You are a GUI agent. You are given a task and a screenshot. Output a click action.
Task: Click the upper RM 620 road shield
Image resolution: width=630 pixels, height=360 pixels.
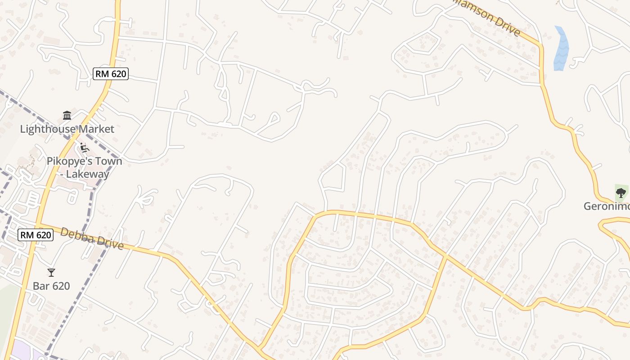[x=111, y=74]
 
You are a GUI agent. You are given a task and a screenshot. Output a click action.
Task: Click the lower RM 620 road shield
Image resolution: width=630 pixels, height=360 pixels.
[x=36, y=234]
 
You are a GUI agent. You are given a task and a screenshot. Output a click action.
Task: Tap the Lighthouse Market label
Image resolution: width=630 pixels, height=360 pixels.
[x=67, y=129]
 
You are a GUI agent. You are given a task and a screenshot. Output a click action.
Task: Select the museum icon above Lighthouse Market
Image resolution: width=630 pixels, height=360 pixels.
[x=67, y=116]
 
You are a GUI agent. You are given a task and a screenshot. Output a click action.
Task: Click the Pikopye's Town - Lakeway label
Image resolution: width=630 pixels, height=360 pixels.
[x=84, y=167]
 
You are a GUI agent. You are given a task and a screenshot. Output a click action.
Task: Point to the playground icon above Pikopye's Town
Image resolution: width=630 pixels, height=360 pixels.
[x=84, y=148]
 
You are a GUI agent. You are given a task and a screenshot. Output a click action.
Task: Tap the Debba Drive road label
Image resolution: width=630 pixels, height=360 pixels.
[x=92, y=238]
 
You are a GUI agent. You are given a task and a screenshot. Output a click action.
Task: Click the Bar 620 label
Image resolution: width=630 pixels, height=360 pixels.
[x=51, y=286]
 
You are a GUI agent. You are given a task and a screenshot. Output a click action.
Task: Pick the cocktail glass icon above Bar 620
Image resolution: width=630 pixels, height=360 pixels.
[x=51, y=272]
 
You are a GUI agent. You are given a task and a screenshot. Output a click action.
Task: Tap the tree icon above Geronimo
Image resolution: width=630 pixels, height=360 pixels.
[x=621, y=193]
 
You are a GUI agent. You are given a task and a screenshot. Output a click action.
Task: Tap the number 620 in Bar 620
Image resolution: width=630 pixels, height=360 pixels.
[x=61, y=286]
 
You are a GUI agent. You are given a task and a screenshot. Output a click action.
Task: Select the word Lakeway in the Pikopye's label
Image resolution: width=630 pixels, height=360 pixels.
[x=88, y=174]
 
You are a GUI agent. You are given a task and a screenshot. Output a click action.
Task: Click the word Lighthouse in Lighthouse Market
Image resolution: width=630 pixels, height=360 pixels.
[x=48, y=129]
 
